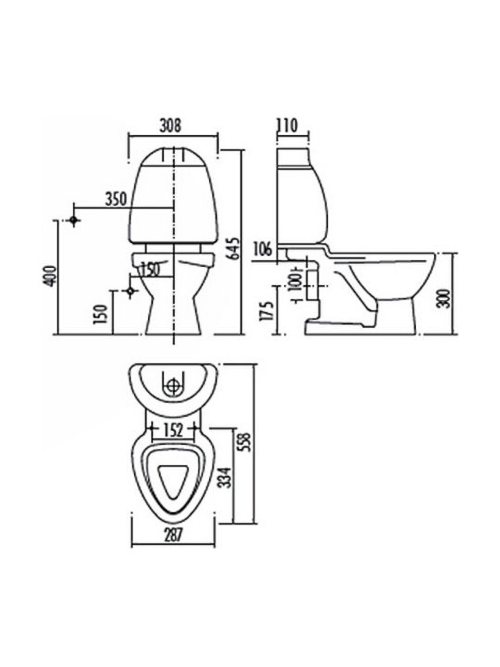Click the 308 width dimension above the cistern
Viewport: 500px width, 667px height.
tap(170, 125)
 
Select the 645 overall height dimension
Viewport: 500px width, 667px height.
tap(233, 249)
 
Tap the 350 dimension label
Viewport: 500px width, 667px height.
tap(116, 199)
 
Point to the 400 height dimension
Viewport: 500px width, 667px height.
tap(50, 276)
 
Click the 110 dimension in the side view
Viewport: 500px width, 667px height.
tap(287, 125)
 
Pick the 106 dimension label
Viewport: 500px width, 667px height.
tap(262, 248)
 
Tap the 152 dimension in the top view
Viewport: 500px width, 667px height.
tap(172, 431)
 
